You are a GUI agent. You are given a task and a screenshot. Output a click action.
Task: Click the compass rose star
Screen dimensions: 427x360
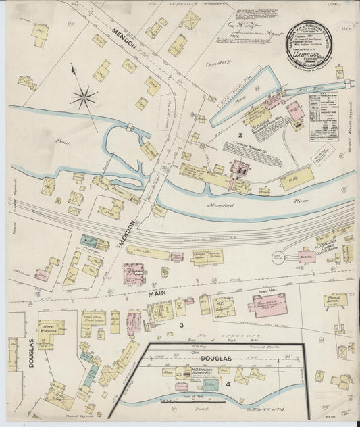84,97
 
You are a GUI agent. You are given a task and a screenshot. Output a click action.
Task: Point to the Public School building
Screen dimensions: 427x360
335,299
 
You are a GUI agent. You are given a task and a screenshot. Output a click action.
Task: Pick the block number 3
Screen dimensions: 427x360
181,326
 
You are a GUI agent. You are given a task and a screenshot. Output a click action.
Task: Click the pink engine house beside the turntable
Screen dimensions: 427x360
307,257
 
